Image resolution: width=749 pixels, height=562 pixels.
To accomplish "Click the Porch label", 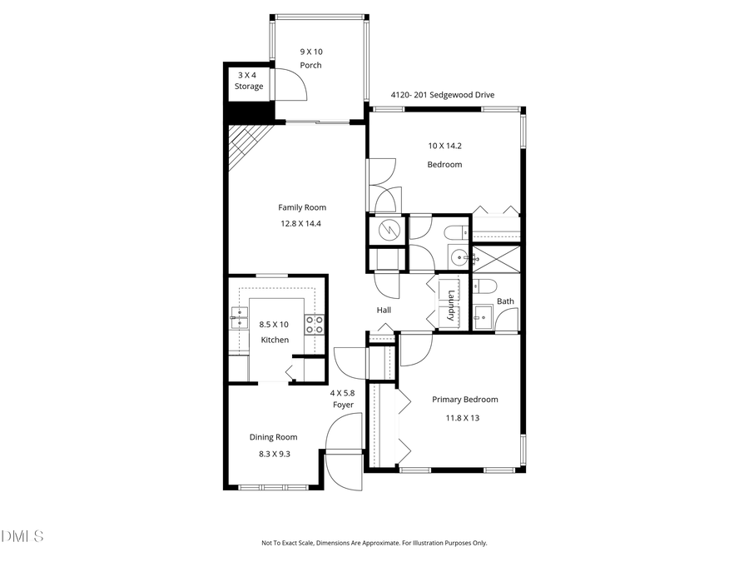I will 310,66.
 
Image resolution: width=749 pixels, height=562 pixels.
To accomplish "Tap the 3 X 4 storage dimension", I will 248,74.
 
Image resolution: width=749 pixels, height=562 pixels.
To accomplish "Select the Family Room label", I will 302,207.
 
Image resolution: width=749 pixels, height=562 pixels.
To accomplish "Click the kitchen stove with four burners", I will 314,325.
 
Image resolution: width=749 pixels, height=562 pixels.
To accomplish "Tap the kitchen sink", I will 238,317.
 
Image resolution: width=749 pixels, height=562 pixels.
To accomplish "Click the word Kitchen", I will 275,340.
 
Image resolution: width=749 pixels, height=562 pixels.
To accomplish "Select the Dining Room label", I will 273,437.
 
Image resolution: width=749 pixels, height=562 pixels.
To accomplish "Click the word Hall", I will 383,311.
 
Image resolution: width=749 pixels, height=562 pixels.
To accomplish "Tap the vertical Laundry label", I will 450,305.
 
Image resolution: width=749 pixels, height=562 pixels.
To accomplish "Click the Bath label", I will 505,301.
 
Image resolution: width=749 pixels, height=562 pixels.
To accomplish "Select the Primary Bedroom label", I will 464,400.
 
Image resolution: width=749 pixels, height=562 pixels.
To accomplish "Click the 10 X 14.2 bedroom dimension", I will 444,146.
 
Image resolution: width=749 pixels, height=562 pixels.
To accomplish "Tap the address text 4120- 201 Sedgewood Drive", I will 442,95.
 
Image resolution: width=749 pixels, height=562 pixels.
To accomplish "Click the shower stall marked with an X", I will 496,260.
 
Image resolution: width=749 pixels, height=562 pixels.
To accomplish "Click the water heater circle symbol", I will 386,230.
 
